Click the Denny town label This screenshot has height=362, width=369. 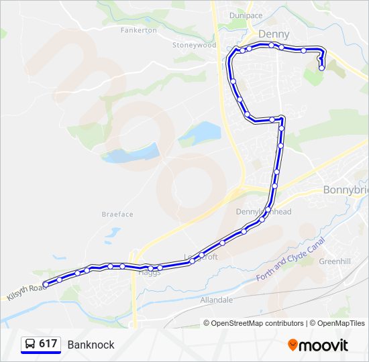[x=274, y=34]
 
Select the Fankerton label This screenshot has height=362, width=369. [x=138, y=30]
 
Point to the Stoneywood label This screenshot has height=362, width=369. [x=194, y=46]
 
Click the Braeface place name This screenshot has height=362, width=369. [x=117, y=215]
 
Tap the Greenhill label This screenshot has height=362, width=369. [x=335, y=261]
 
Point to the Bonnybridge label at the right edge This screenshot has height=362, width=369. [x=346, y=190]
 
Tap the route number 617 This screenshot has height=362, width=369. [x=48, y=344]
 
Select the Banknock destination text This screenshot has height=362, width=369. [x=91, y=345]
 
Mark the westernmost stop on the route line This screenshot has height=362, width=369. [x=46, y=284]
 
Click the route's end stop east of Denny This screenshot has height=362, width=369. [x=322, y=68]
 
